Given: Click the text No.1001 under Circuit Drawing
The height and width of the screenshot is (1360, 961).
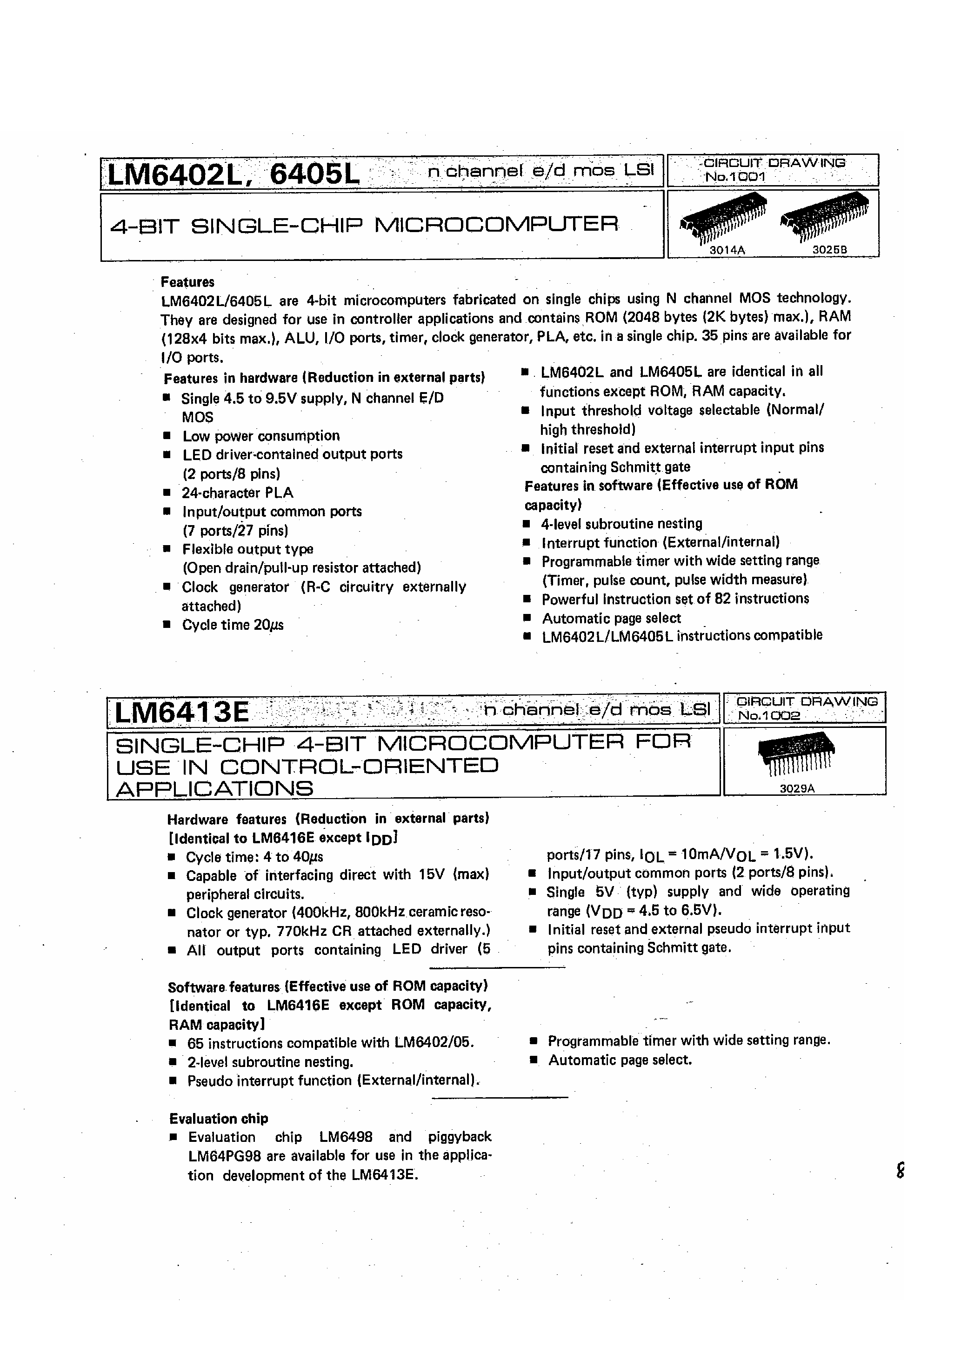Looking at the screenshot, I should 734,177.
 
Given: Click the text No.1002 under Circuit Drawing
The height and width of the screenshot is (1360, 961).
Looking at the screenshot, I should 769,715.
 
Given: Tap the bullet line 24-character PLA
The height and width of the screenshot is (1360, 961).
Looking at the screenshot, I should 237,493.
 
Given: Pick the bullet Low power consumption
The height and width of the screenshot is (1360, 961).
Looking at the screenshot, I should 260,436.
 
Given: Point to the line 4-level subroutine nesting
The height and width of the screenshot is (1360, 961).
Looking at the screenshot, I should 621,524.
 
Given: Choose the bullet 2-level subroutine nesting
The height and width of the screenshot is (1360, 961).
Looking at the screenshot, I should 270,1061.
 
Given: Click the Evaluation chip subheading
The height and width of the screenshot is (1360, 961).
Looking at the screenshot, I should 219,1118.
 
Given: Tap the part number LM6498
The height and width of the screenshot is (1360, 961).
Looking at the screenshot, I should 346,1137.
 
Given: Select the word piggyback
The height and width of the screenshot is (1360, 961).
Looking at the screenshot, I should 460,1137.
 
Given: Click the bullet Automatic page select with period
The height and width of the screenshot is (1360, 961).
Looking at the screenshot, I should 620,1060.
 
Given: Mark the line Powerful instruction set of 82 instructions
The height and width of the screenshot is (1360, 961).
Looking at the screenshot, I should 675,599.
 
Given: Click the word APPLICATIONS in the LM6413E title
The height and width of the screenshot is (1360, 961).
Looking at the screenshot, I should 214,789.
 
